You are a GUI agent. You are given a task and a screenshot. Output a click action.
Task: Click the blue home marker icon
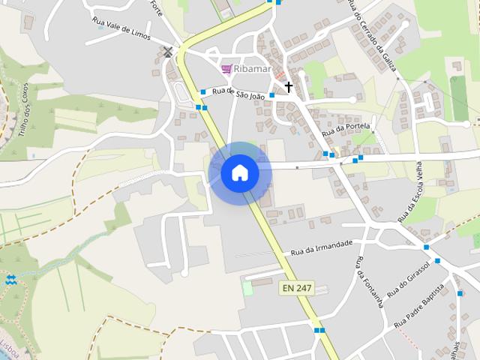point(240,173)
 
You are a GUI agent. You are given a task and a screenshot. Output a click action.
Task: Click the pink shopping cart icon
point(226,69)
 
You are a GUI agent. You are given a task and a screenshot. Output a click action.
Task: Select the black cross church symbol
point(288,87)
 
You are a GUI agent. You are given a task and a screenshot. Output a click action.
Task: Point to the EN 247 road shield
point(297,287)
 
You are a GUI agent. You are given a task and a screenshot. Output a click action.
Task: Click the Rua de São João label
point(238,94)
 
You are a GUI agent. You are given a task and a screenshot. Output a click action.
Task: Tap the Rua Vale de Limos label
point(121,28)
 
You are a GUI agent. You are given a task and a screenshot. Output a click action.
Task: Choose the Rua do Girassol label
point(409,279)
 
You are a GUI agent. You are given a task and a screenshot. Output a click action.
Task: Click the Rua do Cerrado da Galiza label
point(373,34)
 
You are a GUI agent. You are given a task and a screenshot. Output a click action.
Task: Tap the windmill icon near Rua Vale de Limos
point(168,52)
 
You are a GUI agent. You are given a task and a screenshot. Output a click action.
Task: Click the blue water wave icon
point(10,280)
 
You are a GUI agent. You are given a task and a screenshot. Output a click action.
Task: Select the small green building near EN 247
point(247,288)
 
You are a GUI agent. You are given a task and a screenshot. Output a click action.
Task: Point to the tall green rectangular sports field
point(459,98)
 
